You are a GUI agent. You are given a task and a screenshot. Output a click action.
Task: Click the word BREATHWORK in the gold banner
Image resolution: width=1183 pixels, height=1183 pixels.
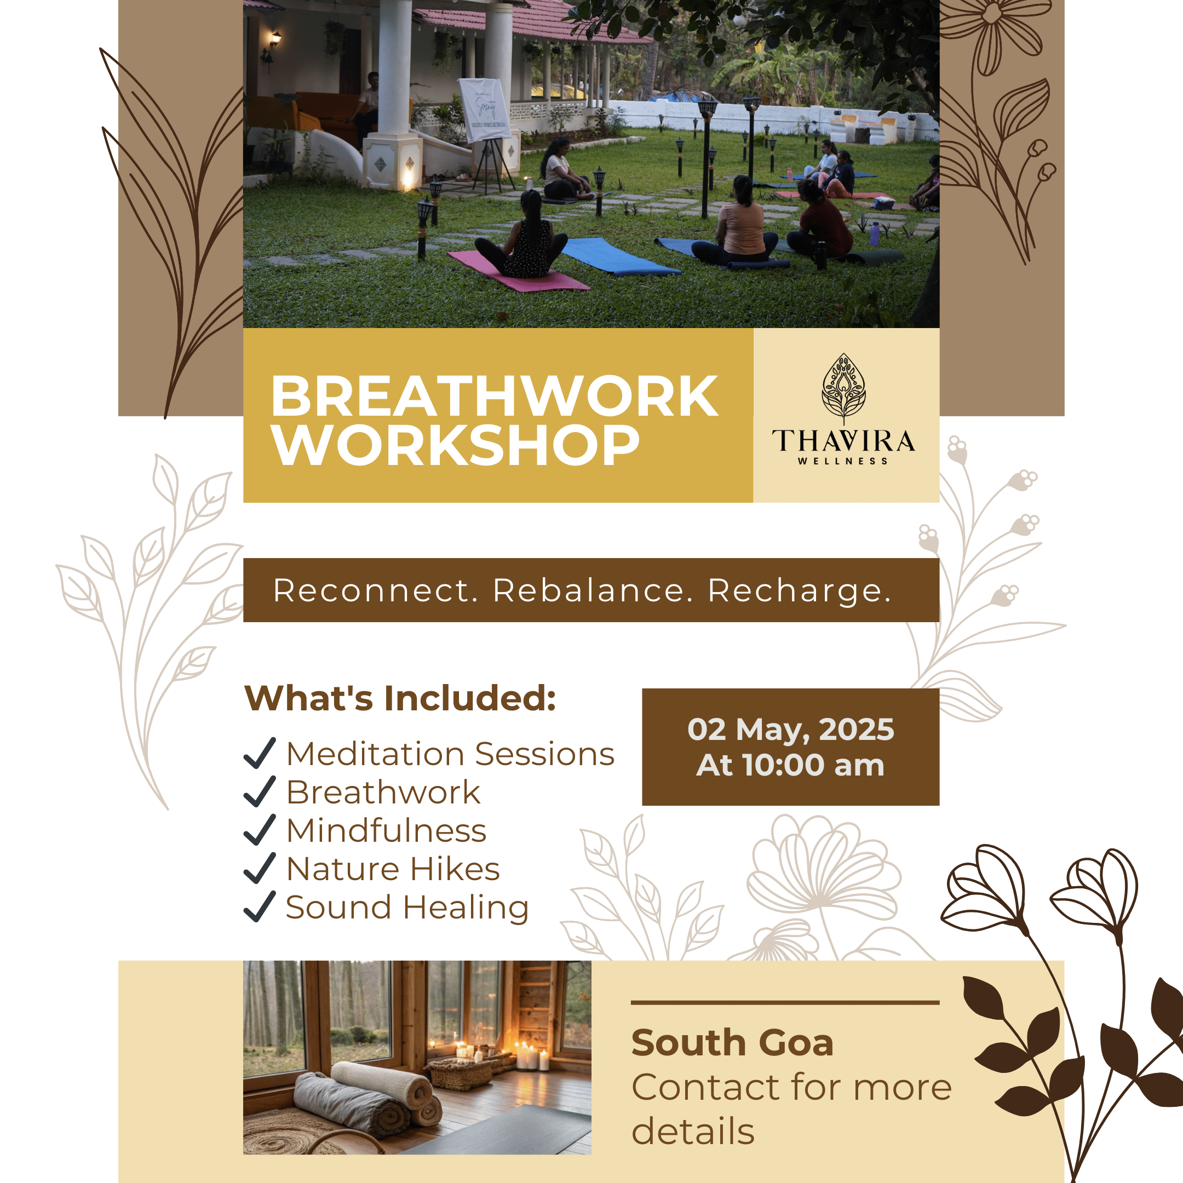click(x=494, y=396)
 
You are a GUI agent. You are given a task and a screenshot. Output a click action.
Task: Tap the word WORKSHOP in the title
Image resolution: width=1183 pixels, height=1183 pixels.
click(x=456, y=445)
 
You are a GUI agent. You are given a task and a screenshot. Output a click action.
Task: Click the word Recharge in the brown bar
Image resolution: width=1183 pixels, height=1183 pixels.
click(x=799, y=591)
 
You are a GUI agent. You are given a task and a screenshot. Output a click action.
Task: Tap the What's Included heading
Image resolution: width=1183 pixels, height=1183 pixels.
click(x=400, y=698)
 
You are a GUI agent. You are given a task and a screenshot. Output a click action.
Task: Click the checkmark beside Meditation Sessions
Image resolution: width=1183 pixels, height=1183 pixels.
click(x=260, y=753)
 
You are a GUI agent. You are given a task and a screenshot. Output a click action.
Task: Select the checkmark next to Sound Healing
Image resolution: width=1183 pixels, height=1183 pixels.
click(x=260, y=906)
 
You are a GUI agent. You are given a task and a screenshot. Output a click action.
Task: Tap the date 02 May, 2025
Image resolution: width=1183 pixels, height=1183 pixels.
click(x=790, y=730)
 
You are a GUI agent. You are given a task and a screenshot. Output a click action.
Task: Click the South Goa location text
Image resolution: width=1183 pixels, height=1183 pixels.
click(x=732, y=1042)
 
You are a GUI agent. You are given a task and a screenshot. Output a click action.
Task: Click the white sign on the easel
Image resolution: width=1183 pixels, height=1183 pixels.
click(x=484, y=110)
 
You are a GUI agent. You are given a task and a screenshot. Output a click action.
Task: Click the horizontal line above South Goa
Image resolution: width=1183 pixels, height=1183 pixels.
click(x=785, y=1002)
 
